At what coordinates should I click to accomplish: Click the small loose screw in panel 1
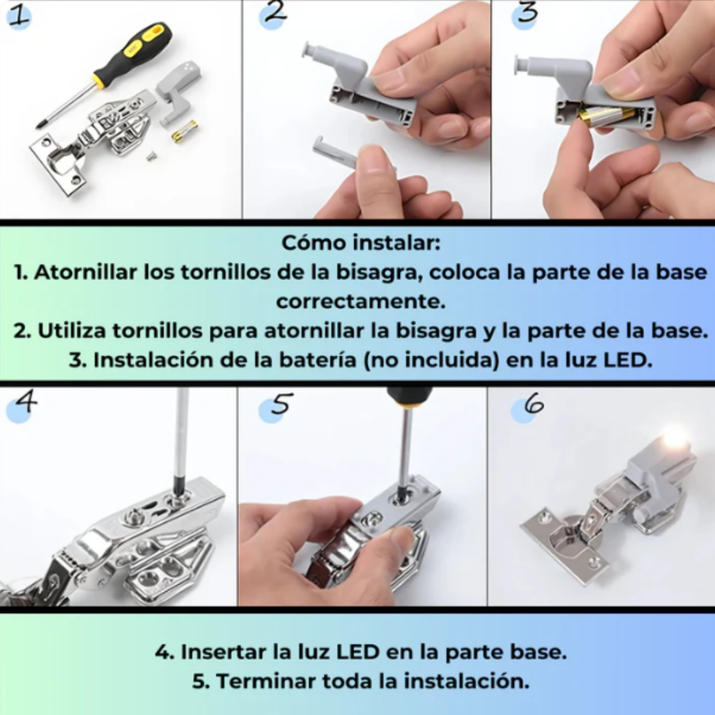pos(152,157)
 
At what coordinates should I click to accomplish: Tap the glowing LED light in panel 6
pos(675,437)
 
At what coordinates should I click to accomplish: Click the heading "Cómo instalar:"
pos(360,242)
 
